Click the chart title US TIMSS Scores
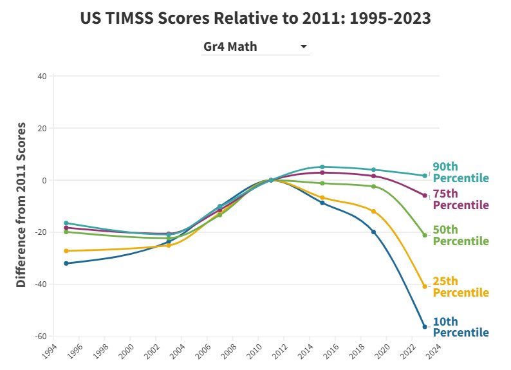coord(256,18)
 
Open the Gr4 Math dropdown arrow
coord(304,46)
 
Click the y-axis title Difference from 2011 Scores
coord(21,204)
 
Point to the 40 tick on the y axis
coord(42,76)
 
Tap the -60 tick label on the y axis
coord(40,336)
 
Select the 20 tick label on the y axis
coord(42,128)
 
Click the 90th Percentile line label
coord(460,172)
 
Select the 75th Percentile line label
coord(460,199)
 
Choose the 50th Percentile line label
coord(460,236)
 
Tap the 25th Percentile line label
coord(460,287)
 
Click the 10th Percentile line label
coord(460,327)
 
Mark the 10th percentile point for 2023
coord(425,327)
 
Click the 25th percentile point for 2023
coord(425,286)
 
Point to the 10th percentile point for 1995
coord(66,263)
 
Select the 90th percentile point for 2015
coord(322,167)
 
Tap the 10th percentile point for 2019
coord(373,232)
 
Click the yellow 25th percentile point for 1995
coord(66,251)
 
